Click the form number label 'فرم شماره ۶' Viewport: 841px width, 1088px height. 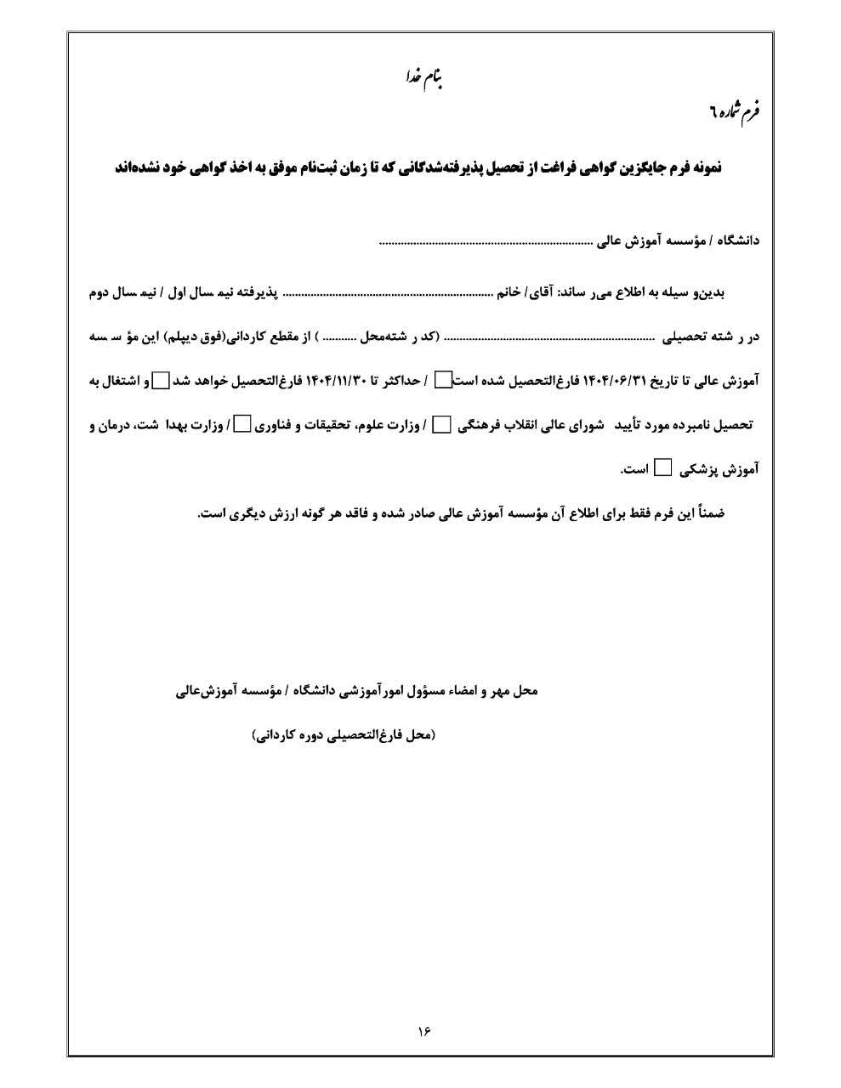pyautogui.click(x=736, y=111)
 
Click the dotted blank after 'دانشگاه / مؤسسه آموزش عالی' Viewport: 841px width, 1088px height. pyautogui.click(x=486, y=242)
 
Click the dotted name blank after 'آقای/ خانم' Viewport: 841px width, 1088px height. pyautogui.click(x=387, y=292)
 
